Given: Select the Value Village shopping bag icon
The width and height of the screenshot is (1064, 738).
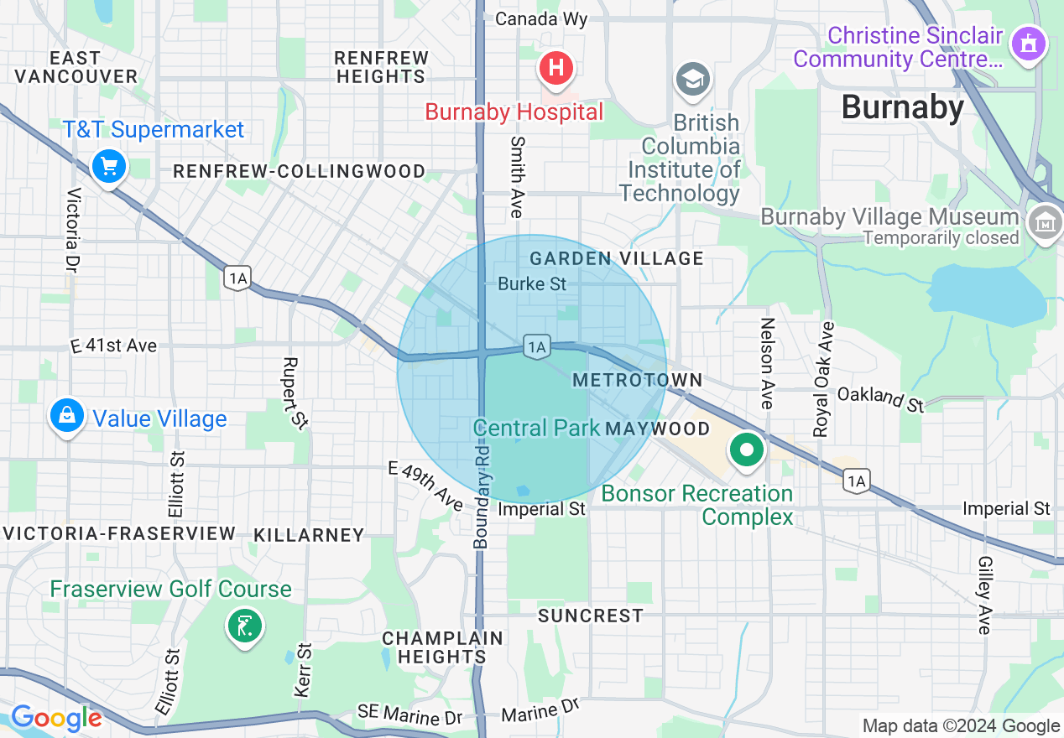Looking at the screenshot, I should click(67, 415).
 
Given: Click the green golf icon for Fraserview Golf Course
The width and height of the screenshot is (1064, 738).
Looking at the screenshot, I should click(244, 626).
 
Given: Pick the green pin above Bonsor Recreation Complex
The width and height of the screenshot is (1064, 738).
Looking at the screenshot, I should click(745, 450).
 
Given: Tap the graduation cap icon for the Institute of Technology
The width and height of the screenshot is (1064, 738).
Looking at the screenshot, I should click(693, 81).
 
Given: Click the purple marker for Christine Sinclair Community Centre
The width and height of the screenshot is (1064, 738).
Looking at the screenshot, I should click(1029, 43).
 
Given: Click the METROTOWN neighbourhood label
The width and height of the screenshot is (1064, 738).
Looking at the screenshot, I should click(638, 381).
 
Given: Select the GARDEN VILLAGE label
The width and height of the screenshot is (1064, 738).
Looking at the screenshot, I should click(617, 258).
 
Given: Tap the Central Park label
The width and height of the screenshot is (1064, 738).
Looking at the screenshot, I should click(536, 428).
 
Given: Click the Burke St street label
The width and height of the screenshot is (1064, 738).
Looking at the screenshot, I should click(532, 284).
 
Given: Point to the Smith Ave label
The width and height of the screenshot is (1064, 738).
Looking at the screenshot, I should click(516, 177).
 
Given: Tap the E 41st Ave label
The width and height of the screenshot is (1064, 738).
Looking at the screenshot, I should click(113, 346).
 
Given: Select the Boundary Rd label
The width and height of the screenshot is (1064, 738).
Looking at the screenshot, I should click(482, 496).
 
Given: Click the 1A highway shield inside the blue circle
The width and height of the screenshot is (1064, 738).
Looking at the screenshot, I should click(537, 346).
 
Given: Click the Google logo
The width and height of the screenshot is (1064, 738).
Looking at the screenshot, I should click(55, 718).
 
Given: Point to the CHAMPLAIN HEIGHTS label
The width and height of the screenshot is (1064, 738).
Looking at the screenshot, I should click(442, 647).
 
